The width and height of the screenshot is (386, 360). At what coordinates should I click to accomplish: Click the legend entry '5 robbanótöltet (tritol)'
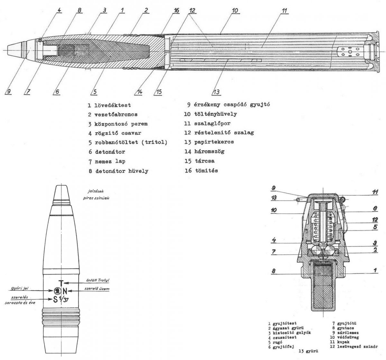127,142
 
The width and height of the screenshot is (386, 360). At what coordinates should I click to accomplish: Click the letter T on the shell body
61,283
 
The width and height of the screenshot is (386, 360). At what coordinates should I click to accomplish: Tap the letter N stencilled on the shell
65,291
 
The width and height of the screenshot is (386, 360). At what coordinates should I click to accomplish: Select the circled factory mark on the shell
56,291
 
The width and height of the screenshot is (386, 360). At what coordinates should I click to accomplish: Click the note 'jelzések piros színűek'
96,194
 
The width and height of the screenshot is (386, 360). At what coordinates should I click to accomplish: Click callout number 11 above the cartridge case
283,11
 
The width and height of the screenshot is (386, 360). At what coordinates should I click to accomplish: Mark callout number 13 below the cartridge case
216,92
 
